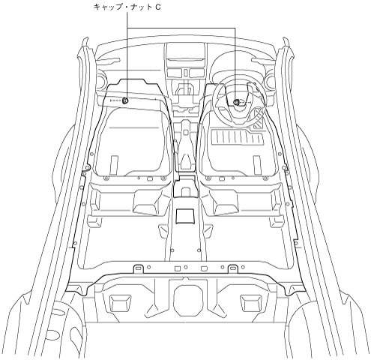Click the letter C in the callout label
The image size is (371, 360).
(157, 7)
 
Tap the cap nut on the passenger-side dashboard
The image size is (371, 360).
(125, 100)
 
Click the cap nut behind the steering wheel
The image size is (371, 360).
(236, 102)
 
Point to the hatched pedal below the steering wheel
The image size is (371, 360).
(258, 118)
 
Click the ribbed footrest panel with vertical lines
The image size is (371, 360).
(238, 137)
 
